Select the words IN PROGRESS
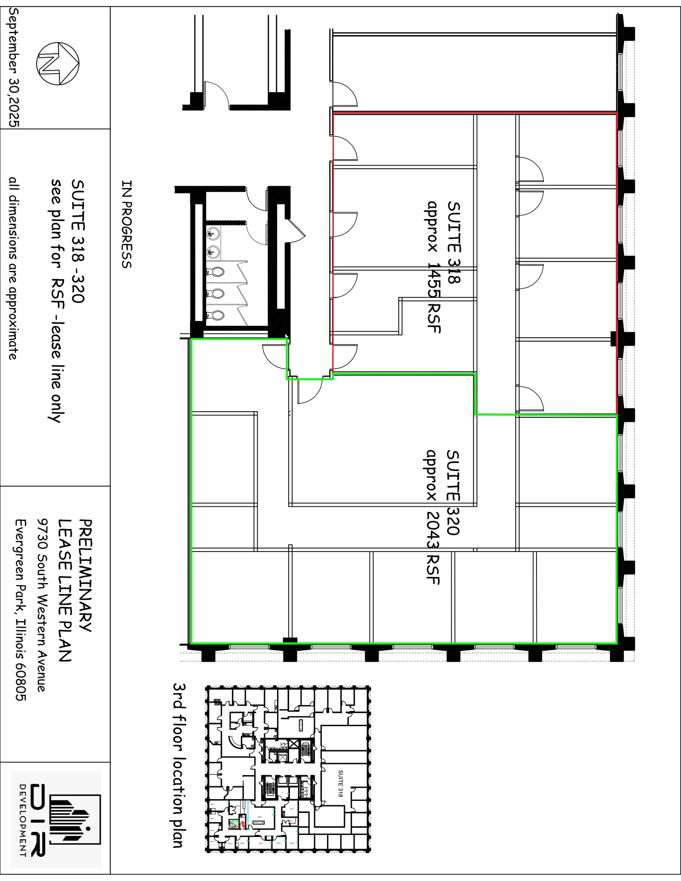[126, 224]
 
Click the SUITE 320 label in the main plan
[453, 492]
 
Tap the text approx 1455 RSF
[432, 267]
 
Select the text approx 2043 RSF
[432, 517]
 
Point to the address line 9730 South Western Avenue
[41, 604]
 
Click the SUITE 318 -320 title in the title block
[77, 241]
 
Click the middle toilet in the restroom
[217, 293]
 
